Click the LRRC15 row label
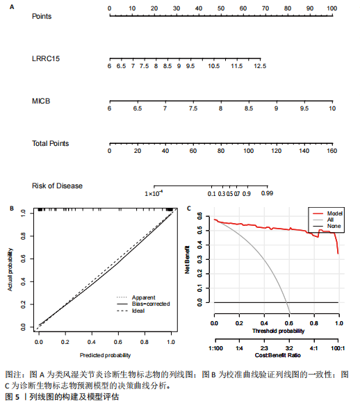46,58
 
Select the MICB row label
41,101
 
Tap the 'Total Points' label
51,143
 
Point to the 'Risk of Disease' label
57,186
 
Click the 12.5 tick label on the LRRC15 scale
260,66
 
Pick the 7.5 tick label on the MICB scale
193,108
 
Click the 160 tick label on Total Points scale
332,151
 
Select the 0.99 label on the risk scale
267,193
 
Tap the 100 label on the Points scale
332,8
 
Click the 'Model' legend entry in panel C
335,213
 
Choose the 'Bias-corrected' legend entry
151,304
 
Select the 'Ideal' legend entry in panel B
138,311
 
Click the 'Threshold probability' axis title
279,331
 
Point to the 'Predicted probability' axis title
105,355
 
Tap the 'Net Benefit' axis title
187,260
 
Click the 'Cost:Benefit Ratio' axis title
278,355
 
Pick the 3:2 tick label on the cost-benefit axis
289,348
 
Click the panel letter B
12,208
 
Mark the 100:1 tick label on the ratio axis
338,348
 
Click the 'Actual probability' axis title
10,270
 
